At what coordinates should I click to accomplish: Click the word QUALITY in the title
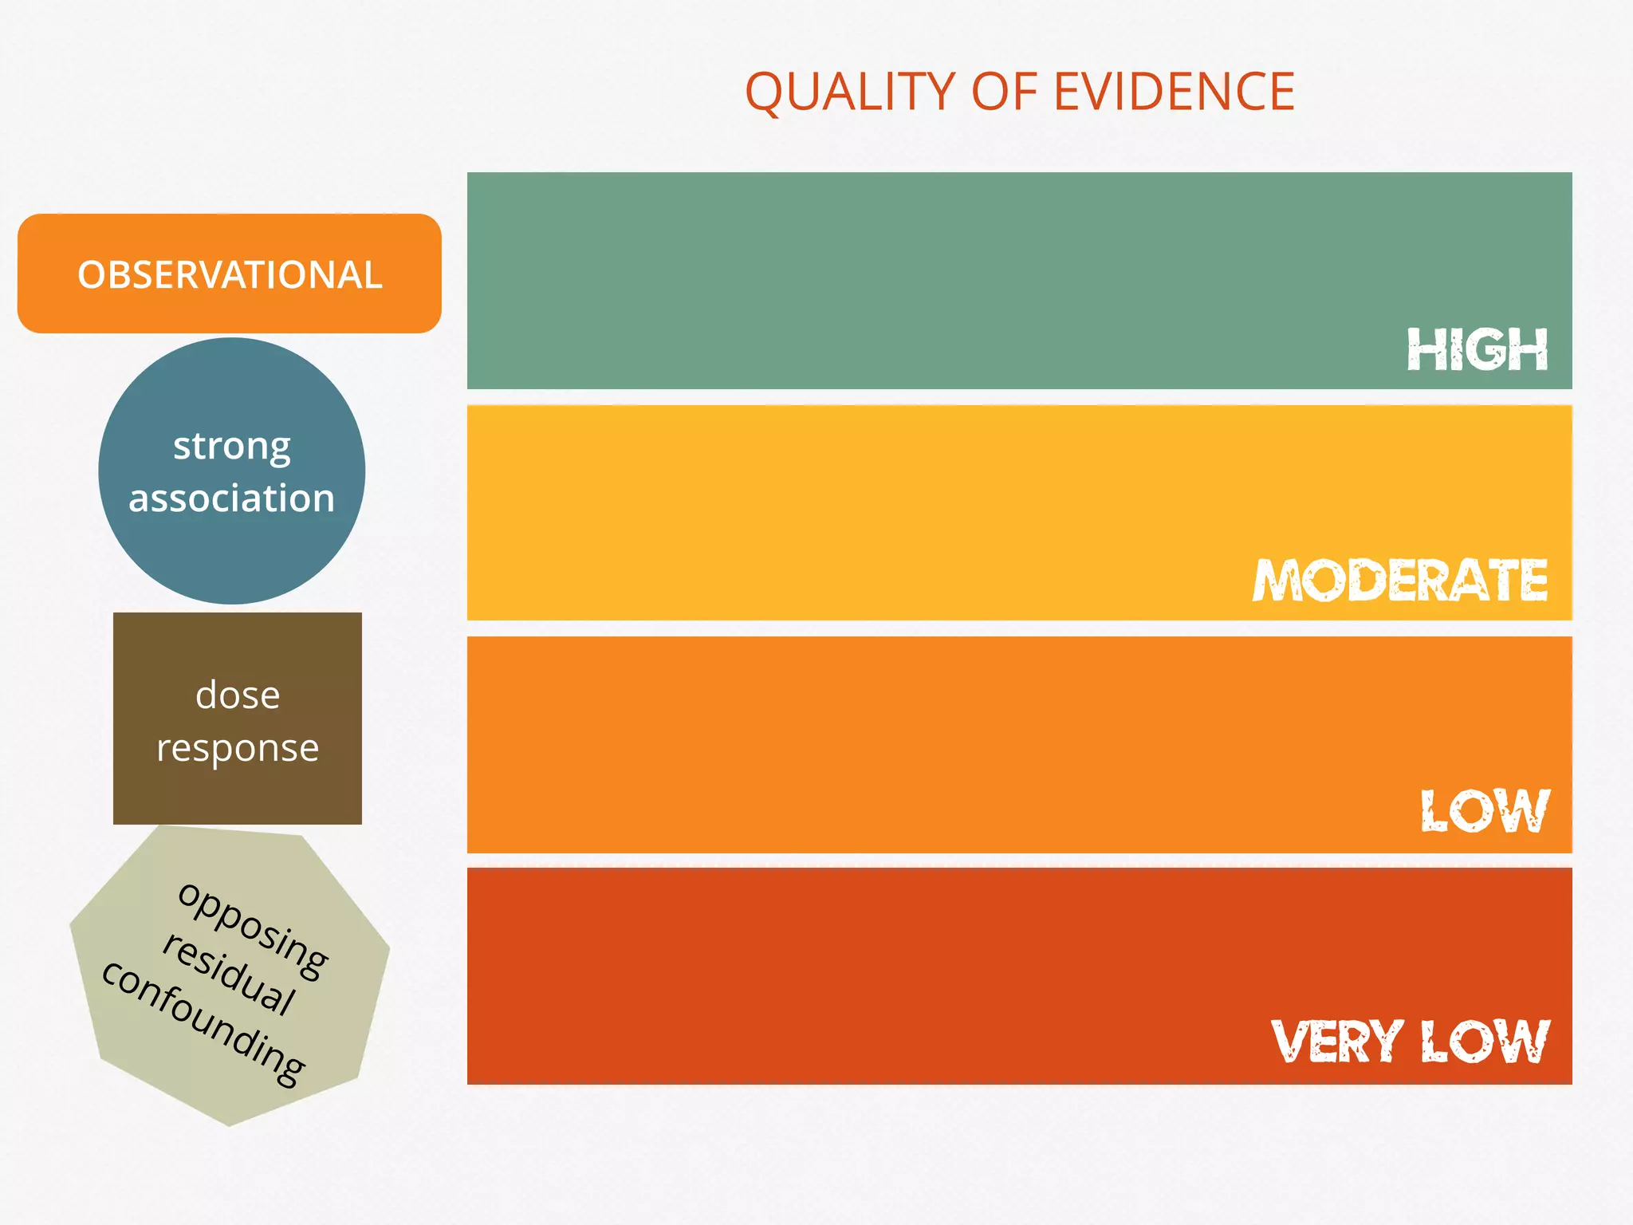click(849, 92)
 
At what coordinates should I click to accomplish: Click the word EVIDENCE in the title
click(1174, 92)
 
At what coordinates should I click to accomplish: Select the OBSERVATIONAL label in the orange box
click(230, 275)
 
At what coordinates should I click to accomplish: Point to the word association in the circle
click(232, 498)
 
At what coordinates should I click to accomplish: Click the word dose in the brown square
click(238, 695)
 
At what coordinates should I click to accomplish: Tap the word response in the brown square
click(238, 748)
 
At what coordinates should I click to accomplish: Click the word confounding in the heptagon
click(204, 1024)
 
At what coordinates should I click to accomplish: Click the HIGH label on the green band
click(1478, 349)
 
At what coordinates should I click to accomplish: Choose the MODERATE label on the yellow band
click(1400, 580)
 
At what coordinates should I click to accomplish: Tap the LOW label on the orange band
click(1485, 811)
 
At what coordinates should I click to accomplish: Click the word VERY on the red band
click(1337, 1042)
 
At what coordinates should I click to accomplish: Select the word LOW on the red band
click(1485, 1042)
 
